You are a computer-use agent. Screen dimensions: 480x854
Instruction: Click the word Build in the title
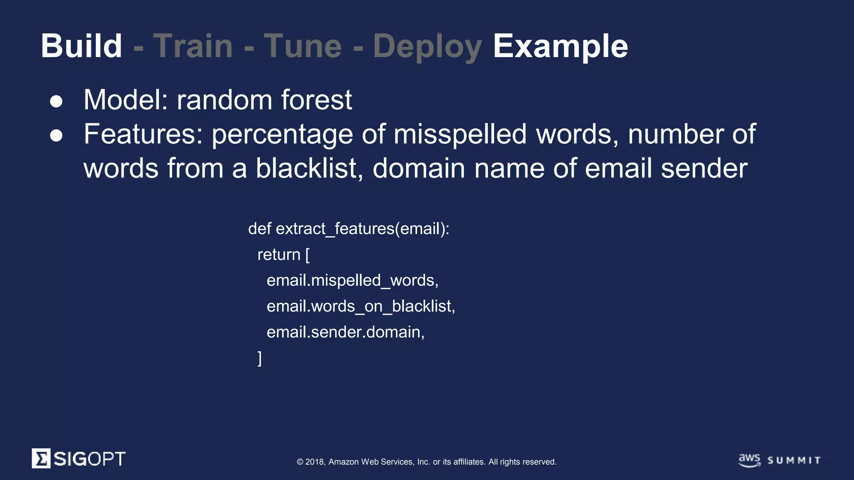tap(81, 46)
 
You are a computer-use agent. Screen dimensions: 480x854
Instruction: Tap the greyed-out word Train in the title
tap(193, 46)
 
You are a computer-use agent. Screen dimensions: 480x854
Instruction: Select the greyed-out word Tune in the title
tap(303, 46)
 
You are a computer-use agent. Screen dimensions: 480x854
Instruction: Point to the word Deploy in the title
tap(427, 47)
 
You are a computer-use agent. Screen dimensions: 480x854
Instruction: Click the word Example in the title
tap(560, 46)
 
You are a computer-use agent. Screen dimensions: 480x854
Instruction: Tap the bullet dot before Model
tap(56, 101)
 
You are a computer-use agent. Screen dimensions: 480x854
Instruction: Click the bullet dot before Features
tap(56, 135)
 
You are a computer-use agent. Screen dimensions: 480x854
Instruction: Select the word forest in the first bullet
tap(316, 100)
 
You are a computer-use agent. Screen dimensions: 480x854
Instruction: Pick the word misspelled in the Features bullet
tap(460, 134)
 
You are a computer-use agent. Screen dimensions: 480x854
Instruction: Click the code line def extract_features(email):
tap(349, 229)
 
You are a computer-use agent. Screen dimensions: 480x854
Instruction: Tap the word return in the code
tap(279, 255)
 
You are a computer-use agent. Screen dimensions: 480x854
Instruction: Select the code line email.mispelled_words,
tap(352, 280)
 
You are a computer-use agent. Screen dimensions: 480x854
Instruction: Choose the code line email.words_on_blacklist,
tap(361, 306)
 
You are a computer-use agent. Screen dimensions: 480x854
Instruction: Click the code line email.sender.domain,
tap(345, 332)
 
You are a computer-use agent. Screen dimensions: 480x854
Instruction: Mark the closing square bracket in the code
tap(260, 358)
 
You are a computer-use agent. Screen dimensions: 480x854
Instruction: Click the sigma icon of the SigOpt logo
tap(41, 458)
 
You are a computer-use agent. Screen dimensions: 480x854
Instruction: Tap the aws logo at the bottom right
tap(749, 460)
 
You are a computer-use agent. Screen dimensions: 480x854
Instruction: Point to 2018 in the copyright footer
tap(315, 462)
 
